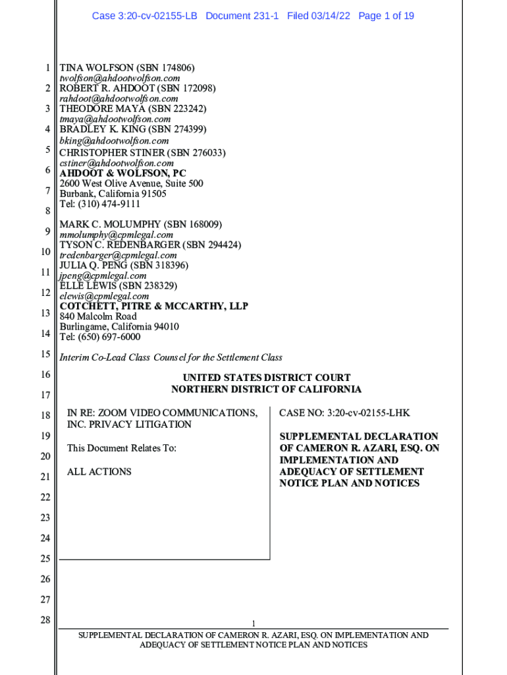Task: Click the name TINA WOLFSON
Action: coord(97,68)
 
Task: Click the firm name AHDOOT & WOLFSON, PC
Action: coord(123,173)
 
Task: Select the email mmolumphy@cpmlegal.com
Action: coord(117,235)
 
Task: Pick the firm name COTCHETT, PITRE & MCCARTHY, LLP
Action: coord(154,307)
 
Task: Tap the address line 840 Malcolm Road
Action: coord(98,316)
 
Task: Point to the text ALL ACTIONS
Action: coord(99,472)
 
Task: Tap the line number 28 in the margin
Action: coord(45,620)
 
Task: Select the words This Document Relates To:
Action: coord(122,448)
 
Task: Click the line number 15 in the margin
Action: coord(45,354)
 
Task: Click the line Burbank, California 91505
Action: coord(113,194)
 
